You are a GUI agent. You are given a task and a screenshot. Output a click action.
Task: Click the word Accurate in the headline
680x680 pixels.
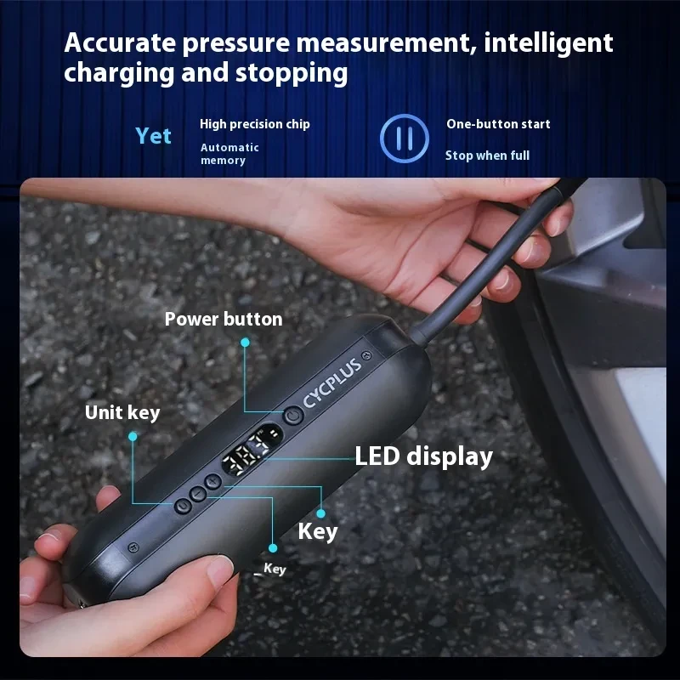coord(120,42)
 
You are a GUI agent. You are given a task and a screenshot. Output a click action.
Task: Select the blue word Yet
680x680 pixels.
coord(153,136)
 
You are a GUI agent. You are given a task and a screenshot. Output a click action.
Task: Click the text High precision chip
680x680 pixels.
coord(255,124)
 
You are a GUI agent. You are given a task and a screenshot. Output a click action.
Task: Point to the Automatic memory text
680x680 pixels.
coord(229,154)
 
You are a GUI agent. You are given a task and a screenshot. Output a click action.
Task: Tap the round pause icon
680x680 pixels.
coord(404,138)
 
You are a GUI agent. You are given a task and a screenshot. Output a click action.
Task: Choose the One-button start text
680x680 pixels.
coord(498,124)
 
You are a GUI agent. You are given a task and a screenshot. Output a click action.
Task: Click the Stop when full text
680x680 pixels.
coord(487,156)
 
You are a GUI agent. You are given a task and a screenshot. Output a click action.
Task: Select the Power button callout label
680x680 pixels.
coord(224,320)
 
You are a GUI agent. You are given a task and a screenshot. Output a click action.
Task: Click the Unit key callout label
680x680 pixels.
coord(122,413)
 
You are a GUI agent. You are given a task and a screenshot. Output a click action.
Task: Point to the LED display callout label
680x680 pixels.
coord(423,456)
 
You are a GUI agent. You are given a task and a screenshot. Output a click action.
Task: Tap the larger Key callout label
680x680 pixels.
coord(317,532)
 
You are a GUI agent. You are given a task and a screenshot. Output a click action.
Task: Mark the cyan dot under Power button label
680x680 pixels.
coord(245,343)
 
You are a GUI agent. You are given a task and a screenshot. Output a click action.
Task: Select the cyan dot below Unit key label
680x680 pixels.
coord(132,436)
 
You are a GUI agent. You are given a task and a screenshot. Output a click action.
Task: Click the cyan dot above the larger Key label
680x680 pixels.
coord(321,513)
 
